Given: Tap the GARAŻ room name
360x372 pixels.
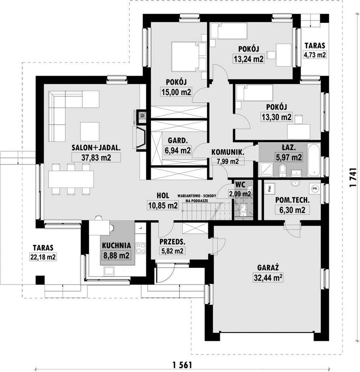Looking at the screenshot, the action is (268, 268).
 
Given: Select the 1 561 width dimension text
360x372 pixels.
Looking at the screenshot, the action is (182, 365).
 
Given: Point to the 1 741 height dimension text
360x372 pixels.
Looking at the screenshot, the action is (353, 178).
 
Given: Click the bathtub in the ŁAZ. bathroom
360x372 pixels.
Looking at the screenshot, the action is (314, 160).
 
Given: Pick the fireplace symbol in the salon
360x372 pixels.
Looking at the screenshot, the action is (141, 138).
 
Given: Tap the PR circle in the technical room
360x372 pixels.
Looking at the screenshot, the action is (315, 189).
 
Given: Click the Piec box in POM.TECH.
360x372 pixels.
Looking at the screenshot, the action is (270, 189).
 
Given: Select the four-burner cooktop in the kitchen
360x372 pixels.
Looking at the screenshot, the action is (141, 248).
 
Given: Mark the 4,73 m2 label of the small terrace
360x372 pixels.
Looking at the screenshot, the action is (315, 55).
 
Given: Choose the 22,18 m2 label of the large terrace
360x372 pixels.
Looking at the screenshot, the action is (43, 257).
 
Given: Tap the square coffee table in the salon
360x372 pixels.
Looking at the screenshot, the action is (90, 131).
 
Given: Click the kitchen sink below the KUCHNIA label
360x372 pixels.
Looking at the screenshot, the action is (109, 271).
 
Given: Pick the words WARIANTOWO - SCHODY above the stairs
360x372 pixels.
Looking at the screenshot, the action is (197, 196).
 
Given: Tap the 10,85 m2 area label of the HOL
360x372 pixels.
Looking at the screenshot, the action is (163, 206).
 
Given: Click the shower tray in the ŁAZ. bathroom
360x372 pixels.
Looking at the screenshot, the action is (266, 170).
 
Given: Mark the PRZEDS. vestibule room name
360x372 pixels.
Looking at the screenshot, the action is (172, 242).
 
